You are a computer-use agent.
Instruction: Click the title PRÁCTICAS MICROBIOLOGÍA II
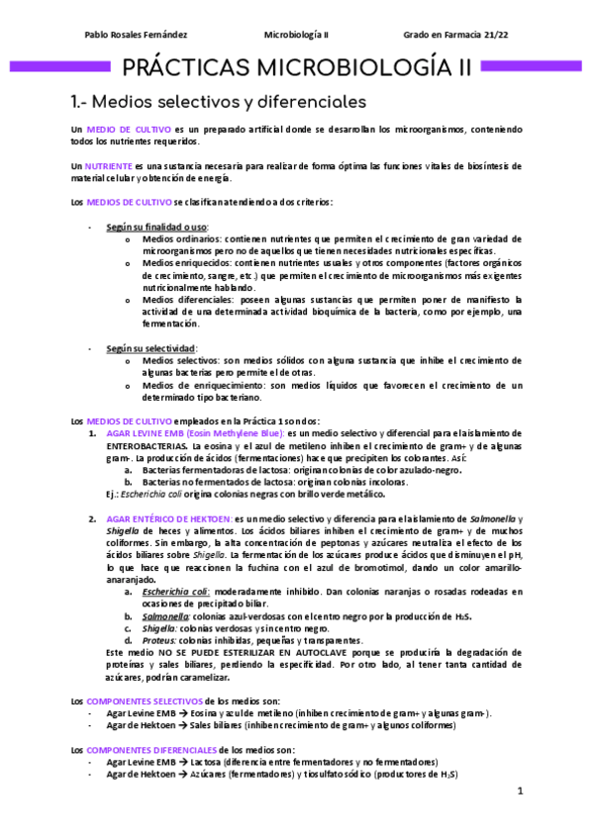click(296, 67)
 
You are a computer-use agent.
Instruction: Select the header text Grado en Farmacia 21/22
click(457, 36)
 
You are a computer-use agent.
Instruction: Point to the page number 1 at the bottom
click(520, 792)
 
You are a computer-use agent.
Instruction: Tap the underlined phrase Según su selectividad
click(151, 348)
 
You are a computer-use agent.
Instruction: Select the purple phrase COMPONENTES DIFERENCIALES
click(150, 750)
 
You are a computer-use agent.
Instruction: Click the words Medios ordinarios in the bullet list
click(181, 239)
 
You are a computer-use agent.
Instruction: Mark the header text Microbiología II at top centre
click(296, 36)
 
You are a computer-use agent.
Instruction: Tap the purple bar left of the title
click(59, 67)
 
